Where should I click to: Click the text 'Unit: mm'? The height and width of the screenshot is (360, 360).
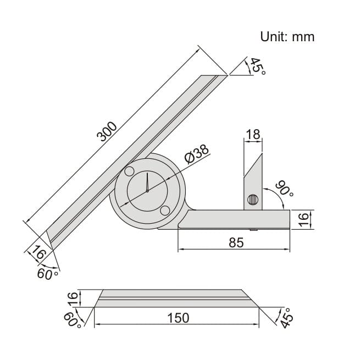[287, 37]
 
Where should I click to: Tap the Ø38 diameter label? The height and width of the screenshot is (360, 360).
[197, 154]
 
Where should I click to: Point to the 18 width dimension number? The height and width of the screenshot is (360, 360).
[253, 135]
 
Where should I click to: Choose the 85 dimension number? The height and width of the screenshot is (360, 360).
[236, 242]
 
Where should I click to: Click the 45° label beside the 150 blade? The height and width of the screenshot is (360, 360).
[286, 318]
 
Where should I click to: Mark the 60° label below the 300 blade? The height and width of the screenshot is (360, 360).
[46, 273]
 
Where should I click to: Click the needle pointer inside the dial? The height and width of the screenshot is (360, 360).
[148, 184]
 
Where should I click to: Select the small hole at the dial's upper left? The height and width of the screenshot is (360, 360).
[129, 171]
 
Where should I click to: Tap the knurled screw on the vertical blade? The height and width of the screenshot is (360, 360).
[252, 201]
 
